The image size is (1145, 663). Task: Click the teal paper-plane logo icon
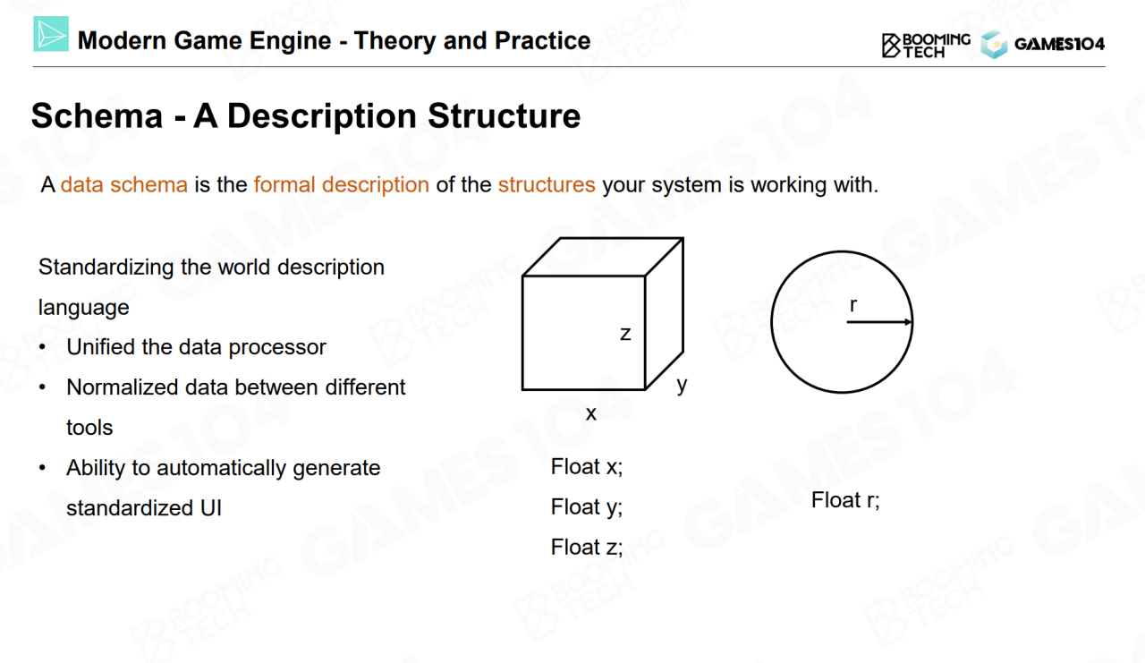tap(51, 34)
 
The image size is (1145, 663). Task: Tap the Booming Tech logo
tap(926, 46)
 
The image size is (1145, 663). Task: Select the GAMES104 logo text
tap(1059, 45)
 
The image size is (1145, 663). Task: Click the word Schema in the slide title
tap(98, 116)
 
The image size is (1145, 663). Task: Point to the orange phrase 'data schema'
tap(124, 184)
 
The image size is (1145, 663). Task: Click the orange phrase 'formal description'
tap(342, 184)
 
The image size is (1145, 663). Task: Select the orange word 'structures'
tap(547, 184)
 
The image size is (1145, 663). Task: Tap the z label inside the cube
tap(625, 334)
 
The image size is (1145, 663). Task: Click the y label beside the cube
tap(682, 385)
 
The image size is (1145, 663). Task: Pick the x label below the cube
tap(591, 413)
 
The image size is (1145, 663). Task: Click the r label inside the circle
tap(853, 305)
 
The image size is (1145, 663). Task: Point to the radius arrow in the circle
tap(879, 321)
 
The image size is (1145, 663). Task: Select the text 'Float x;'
tap(587, 467)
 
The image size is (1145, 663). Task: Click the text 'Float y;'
tap(587, 507)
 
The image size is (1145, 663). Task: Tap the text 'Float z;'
tap(587, 548)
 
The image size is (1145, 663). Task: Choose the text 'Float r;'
tap(845, 500)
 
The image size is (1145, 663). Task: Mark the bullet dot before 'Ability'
tap(42, 468)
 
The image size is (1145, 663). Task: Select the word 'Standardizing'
tap(106, 268)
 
